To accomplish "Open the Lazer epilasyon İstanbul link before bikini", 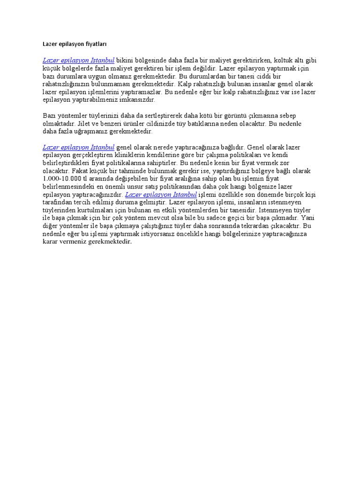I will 78,60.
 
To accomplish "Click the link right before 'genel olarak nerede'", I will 78,147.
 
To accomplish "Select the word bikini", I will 125,60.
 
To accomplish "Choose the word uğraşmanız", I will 86,131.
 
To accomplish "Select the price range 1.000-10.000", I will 61,178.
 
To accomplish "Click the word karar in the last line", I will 51,241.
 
